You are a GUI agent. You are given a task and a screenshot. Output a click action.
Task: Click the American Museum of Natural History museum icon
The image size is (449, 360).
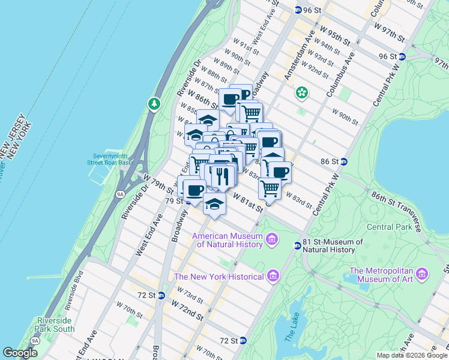[x=271, y=240]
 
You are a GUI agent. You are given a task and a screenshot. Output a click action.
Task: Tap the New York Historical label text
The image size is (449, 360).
[x=219, y=277]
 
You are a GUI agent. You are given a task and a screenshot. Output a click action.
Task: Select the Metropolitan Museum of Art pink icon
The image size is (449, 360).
[x=423, y=274]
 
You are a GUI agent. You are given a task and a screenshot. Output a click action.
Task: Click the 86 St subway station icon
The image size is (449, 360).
[x=344, y=161]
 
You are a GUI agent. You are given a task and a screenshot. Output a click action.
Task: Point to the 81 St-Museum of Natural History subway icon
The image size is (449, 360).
[x=297, y=245]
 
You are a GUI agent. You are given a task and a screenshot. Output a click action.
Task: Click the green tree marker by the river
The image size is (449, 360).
[x=155, y=104]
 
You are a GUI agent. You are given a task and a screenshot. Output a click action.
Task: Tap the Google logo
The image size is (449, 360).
[x=20, y=353]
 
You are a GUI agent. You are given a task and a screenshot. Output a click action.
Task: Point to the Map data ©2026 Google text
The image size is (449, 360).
[x=411, y=355]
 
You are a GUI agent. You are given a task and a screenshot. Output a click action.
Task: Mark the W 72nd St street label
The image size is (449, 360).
[x=187, y=310]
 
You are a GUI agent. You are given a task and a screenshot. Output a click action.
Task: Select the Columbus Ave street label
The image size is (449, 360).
[x=340, y=76]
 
